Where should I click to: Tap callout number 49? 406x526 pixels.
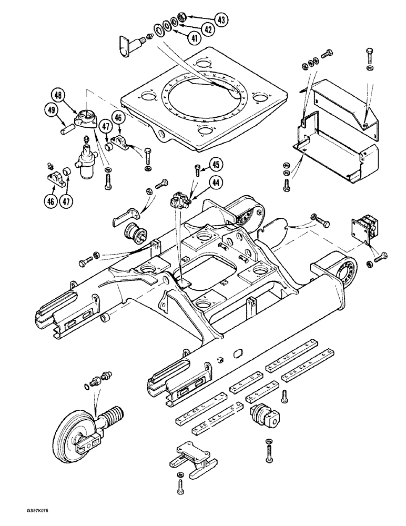51,109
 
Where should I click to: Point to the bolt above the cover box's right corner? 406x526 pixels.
369,55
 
